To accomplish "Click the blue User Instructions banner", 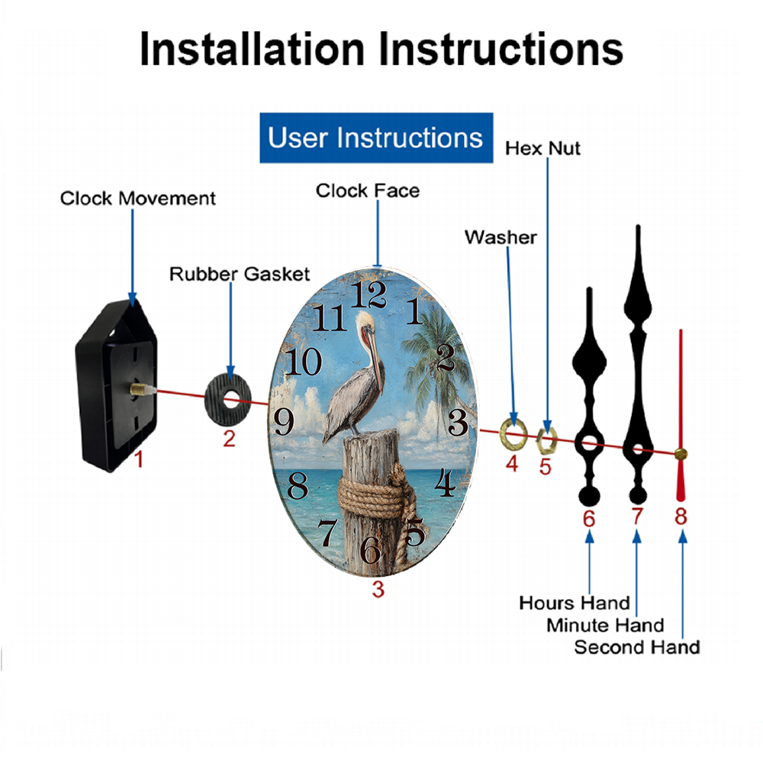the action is [376, 137].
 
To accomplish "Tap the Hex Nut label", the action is [542, 149].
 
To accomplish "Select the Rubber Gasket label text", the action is [240, 274].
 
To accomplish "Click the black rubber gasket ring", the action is [227, 401].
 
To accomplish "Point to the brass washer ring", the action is [513, 433].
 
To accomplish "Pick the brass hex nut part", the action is [546, 439].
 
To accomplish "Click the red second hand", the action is [681, 415].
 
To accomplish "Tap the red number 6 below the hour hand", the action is [589, 519].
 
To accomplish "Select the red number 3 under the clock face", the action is [378, 589].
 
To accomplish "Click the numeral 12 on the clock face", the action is [369, 295].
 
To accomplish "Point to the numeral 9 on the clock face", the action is [284, 421].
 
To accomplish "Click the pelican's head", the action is [365, 324].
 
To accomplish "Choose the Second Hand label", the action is [637, 647].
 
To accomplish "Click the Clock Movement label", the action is [137, 198].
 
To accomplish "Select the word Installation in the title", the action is [252, 49].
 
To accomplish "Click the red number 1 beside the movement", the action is [139, 459].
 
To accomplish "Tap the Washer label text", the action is [501, 237].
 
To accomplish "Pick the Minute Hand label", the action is [605, 625].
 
